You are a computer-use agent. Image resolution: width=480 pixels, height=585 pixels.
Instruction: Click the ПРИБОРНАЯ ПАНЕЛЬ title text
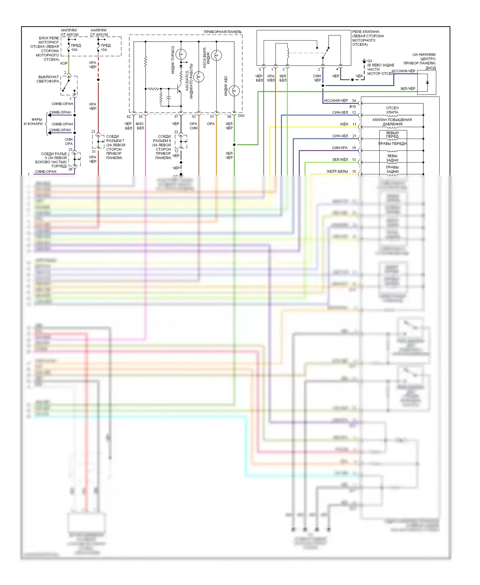pyautogui.click(x=222, y=32)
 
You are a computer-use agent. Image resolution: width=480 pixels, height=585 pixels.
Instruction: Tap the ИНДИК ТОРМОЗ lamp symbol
pyautogui.click(x=181, y=54)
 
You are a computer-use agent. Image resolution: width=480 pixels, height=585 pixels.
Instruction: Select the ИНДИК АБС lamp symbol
pyautogui.click(x=234, y=91)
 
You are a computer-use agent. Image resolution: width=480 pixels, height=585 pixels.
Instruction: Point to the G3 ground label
pyautogui.click(x=370, y=61)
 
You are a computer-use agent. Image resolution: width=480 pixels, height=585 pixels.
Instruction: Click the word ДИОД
pyautogui.click(x=430, y=68)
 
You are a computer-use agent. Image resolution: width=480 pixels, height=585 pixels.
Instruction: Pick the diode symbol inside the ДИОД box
pyautogui.click(x=427, y=82)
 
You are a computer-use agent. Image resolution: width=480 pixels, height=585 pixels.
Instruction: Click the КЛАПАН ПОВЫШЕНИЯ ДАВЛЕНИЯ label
pyautogui.click(x=392, y=122)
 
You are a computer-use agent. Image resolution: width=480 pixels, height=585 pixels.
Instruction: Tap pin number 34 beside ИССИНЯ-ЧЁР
pyautogui.click(x=354, y=100)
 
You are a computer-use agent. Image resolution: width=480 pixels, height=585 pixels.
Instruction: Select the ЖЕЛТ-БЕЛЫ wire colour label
pyautogui.click(x=337, y=172)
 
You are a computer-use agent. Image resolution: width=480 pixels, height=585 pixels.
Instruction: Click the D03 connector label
pyautogui.click(x=241, y=116)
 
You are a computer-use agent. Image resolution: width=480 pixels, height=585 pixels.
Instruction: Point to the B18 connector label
pyautogui.click(x=353, y=107)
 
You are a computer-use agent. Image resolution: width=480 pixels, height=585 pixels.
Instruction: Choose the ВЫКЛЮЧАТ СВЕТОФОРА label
pyautogui.click(x=48, y=79)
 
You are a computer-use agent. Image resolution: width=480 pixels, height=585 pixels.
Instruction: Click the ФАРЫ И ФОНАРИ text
pyautogui.click(x=33, y=122)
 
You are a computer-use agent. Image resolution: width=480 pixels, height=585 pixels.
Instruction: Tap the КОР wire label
pyautogui.click(x=64, y=63)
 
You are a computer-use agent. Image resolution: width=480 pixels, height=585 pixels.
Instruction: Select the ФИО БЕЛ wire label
pyautogui.click(x=140, y=126)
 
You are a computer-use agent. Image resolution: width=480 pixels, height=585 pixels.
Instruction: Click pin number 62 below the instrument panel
pyautogui.click(x=129, y=117)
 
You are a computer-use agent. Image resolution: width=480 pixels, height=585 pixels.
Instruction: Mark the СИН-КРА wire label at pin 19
pyautogui.click(x=340, y=148)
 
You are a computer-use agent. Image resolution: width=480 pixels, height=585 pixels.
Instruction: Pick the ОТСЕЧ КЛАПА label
pyautogui.click(x=392, y=110)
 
